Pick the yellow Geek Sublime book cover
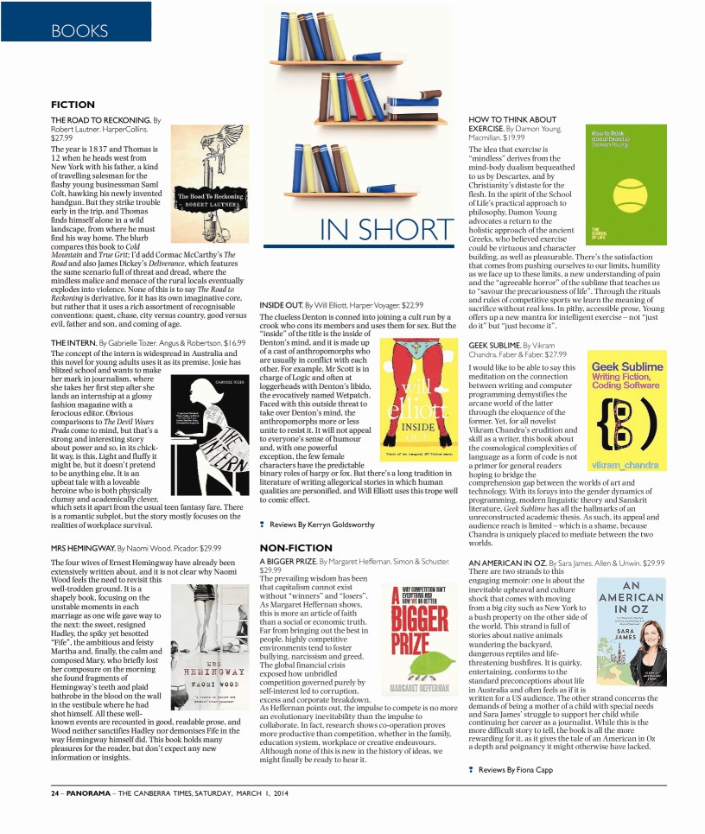coord(626,411)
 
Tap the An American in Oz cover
coord(631,631)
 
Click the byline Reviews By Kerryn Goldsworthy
coord(319,524)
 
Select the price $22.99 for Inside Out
coord(413,305)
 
